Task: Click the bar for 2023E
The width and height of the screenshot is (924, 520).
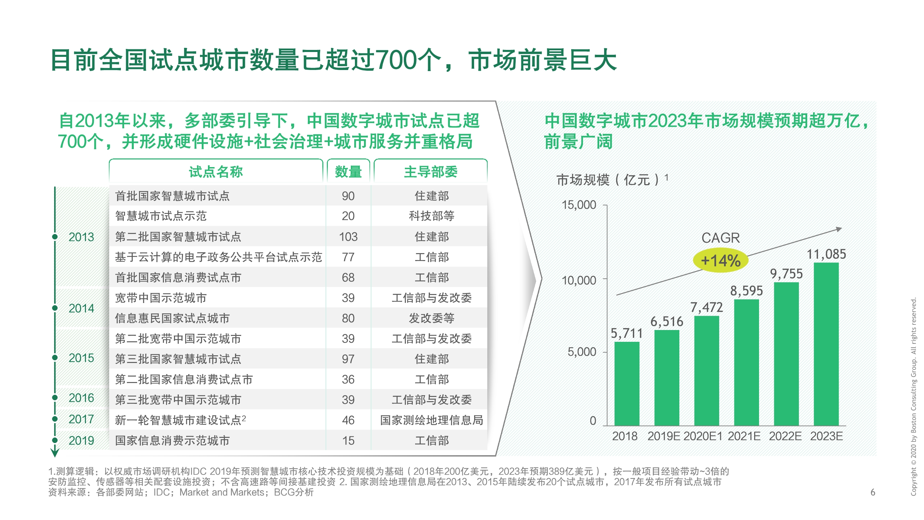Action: tap(826, 344)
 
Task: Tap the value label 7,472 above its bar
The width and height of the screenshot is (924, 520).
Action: tap(706, 307)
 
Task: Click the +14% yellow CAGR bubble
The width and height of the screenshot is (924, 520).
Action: tap(720, 261)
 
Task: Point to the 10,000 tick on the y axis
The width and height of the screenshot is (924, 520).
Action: tap(578, 280)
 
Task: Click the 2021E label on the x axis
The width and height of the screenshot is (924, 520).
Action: tap(744, 436)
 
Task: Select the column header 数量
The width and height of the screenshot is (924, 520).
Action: tap(348, 172)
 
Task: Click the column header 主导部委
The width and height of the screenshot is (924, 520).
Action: tap(430, 172)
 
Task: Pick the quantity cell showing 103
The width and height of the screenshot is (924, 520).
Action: tap(348, 236)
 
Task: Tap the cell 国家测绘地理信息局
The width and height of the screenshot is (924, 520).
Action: tap(432, 420)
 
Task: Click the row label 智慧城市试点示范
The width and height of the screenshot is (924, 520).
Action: tap(161, 216)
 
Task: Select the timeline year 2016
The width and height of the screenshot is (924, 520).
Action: tap(81, 398)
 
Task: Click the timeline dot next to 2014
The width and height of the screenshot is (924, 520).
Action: tap(55, 308)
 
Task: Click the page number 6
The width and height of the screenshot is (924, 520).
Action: tap(872, 492)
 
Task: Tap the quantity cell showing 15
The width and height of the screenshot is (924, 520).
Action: tap(348, 440)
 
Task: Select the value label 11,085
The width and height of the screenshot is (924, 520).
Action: tap(826, 254)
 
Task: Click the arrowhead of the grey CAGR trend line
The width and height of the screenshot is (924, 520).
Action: tap(838, 229)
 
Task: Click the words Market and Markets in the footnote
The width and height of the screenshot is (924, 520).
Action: tap(221, 492)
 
